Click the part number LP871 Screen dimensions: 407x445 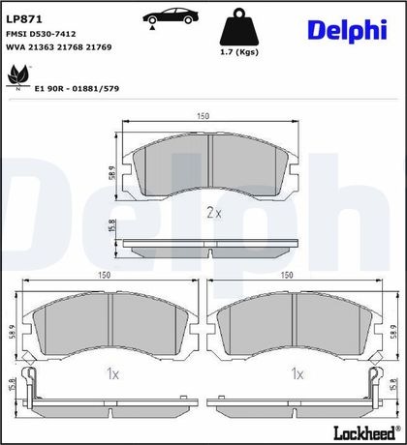coord(24,19)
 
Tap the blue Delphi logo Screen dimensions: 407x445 coord(347,31)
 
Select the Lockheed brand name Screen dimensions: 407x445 coord(364,432)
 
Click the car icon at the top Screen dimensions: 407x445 coord(171,17)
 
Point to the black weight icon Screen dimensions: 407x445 coord(239,27)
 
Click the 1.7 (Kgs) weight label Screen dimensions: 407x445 coord(239,52)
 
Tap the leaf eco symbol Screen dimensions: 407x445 coord(18,76)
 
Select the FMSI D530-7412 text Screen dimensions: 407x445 coord(41,34)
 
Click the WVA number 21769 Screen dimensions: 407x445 coord(99,47)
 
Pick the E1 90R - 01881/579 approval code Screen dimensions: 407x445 coord(77,88)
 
